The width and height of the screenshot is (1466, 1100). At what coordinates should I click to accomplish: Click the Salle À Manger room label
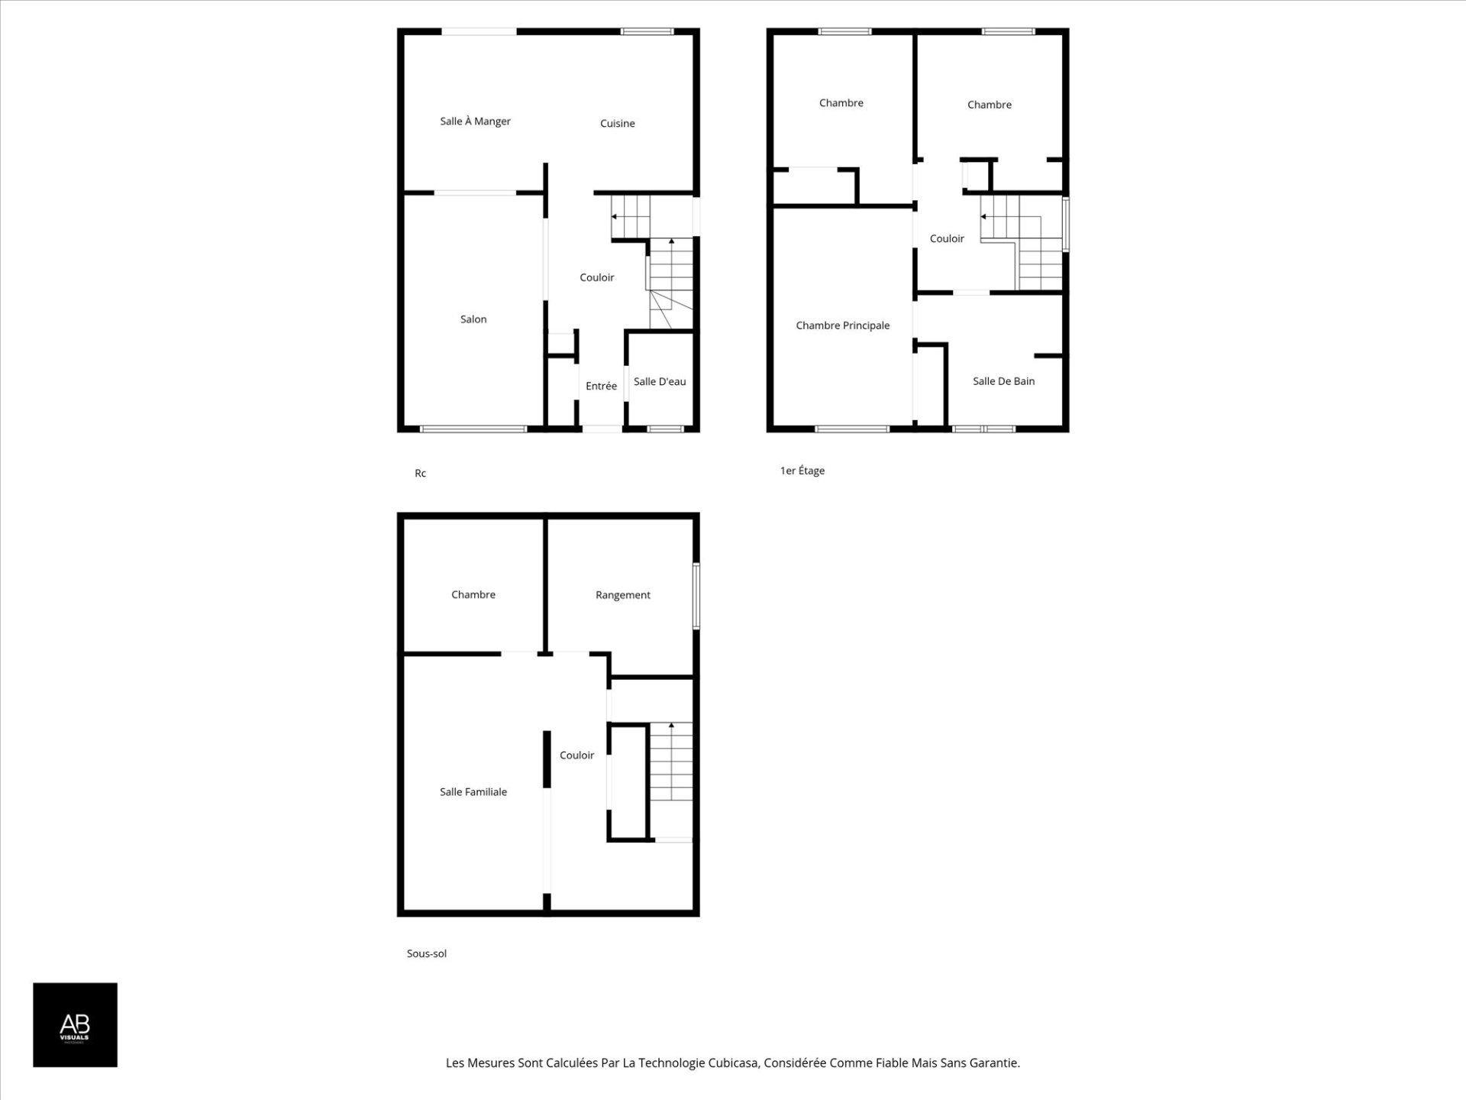pyautogui.click(x=475, y=121)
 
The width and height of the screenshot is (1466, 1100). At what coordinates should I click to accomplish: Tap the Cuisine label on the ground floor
pyautogui.click(x=617, y=124)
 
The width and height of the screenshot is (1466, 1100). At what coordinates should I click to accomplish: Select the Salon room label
pyautogui.click(x=473, y=319)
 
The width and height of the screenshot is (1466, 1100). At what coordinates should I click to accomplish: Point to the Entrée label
pyautogui.click(x=601, y=387)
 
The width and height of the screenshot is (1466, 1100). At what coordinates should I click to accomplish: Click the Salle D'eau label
pyautogui.click(x=660, y=382)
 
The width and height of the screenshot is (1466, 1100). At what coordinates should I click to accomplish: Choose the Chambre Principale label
pyautogui.click(x=842, y=326)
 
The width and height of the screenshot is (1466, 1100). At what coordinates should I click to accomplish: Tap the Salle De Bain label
pyautogui.click(x=1003, y=381)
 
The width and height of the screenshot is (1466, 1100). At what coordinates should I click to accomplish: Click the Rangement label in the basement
pyautogui.click(x=623, y=595)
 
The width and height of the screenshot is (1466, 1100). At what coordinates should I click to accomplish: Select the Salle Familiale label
pyautogui.click(x=473, y=792)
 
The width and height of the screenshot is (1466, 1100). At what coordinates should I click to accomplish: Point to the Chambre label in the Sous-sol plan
pyautogui.click(x=473, y=595)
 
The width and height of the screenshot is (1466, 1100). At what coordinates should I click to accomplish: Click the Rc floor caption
pyautogui.click(x=420, y=474)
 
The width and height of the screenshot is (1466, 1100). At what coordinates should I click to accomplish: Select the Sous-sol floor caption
pyautogui.click(x=427, y=954)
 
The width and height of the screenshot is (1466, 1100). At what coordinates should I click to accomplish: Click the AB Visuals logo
pyautogui.click(x=75, y=1025)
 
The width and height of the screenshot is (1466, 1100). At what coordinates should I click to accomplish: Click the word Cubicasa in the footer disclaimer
pyautogui.click(x=733, y=1063)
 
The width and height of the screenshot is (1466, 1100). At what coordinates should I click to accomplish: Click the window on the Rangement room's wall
pyautogui.click(x=696, y=597)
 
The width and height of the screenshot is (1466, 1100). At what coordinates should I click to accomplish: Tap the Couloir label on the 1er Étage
pyautogui.click(x=947, y=239)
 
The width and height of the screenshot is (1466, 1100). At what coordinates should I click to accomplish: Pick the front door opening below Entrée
pyautogui.click(x=602, y=429)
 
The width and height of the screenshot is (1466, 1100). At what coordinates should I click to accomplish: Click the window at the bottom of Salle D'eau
pyautogui.click(x=666, y=429)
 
